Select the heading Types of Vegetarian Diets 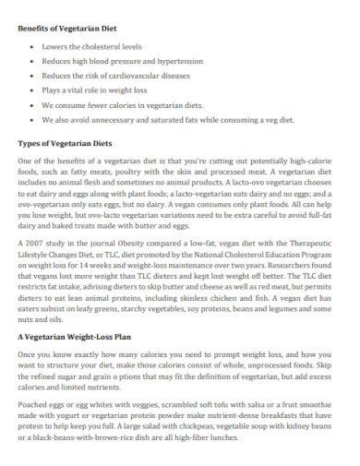[x=66, y=143]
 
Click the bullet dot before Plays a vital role [x=32, y=90]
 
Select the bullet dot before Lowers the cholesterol [x=32, y=44]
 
